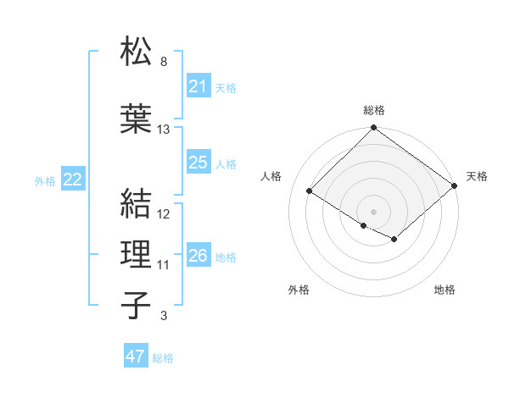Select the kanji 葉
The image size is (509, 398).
(x=137, y=118)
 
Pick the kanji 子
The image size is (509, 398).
(x=137, y=305)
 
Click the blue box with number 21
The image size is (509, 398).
(x=198, y=86)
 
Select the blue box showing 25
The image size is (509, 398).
(x=198, y=163)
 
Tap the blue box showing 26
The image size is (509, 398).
(x=198, y=256)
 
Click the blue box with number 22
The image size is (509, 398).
(x=73, y=180)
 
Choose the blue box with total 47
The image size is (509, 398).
(x=136, y=357)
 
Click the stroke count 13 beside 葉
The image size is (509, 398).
(x=164, y=130)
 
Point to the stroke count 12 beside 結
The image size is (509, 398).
(x=164, y=215)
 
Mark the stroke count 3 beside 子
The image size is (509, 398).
(x=164, y=317)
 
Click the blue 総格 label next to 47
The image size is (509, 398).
(x=163, y=358)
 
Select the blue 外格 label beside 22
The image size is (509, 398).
(x=45, y=180)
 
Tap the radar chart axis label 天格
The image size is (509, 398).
(x=477, y=176)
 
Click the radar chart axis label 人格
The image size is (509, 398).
(x=271, y=176)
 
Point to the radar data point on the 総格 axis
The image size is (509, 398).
(x=373, y=129)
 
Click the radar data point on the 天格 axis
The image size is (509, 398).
(x=455, y=186)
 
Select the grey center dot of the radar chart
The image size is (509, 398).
(x=373, y=210)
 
